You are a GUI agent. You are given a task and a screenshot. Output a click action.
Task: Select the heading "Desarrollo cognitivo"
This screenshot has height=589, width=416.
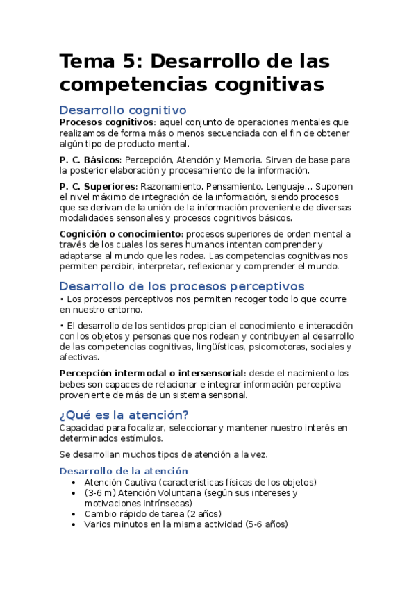click(122, 110)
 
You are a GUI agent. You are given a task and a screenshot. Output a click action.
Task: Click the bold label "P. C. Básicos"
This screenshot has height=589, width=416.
click(89, 160)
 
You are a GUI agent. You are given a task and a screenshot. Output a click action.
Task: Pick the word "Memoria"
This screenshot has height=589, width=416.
click(261, 160)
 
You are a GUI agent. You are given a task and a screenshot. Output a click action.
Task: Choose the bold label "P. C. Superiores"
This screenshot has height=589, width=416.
click(98, 186)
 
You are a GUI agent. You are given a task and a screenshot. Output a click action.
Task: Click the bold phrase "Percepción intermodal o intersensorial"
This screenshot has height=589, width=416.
click(151, 373)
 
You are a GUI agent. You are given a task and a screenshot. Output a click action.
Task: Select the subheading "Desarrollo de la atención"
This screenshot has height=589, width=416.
click(114, 471)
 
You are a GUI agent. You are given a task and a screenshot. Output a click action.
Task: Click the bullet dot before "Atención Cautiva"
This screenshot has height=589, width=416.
click(74, 482)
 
